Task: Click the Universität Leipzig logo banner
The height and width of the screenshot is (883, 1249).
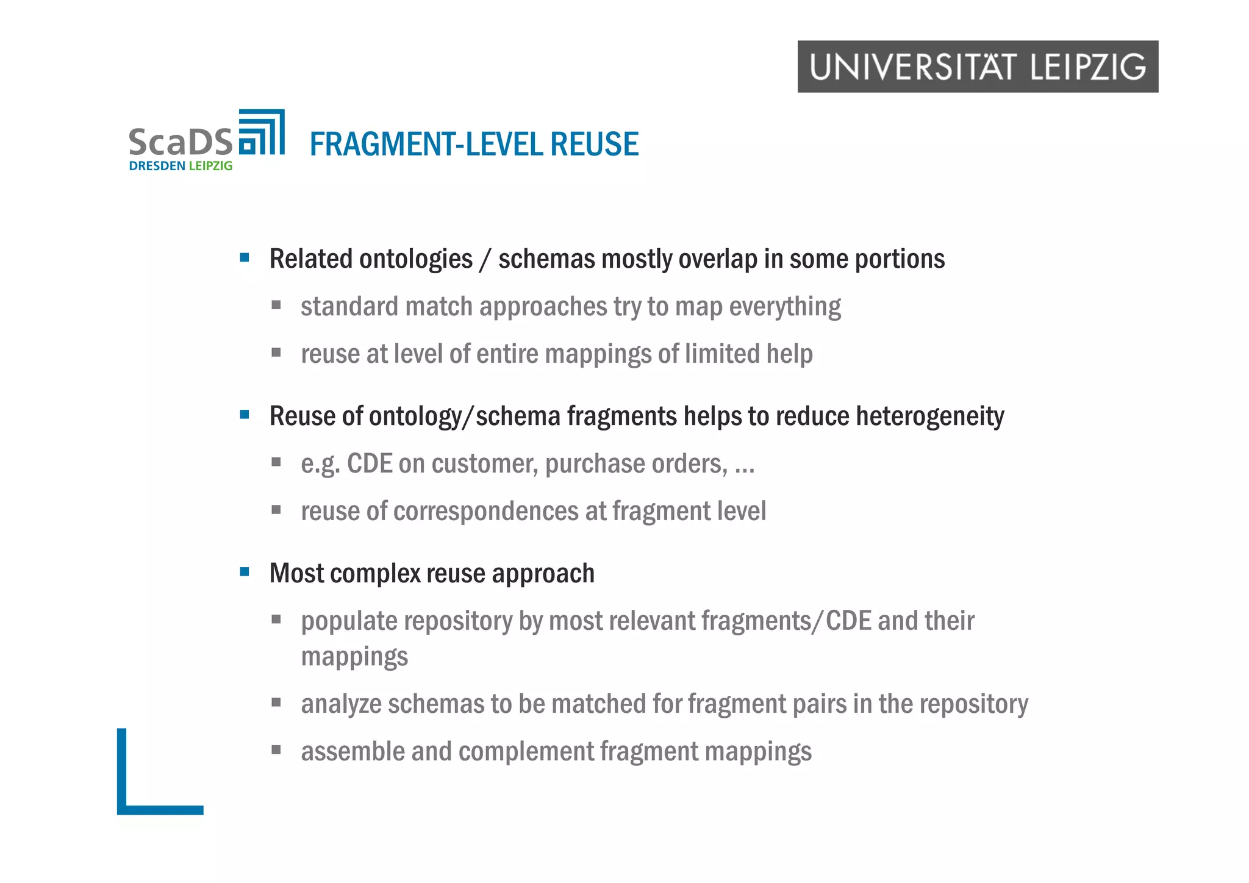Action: coord(977,66)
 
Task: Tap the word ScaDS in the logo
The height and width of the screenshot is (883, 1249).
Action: coord(181,142)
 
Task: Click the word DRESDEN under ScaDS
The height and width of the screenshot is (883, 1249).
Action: coord(157,166)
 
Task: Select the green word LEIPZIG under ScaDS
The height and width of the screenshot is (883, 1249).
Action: coord(210,166)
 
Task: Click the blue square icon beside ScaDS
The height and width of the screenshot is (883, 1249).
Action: coord(262,132)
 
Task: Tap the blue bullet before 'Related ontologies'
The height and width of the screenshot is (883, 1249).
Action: coord(245,258)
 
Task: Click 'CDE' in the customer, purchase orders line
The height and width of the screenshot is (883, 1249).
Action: coord(370,464)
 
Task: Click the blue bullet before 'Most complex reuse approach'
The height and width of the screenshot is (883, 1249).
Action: coord(245,572)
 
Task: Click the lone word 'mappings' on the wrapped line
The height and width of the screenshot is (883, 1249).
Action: coord(354,657)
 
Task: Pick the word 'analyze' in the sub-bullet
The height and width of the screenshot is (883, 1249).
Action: coord(341,704)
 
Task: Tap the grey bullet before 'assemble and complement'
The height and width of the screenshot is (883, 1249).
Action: coord(276,750)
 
